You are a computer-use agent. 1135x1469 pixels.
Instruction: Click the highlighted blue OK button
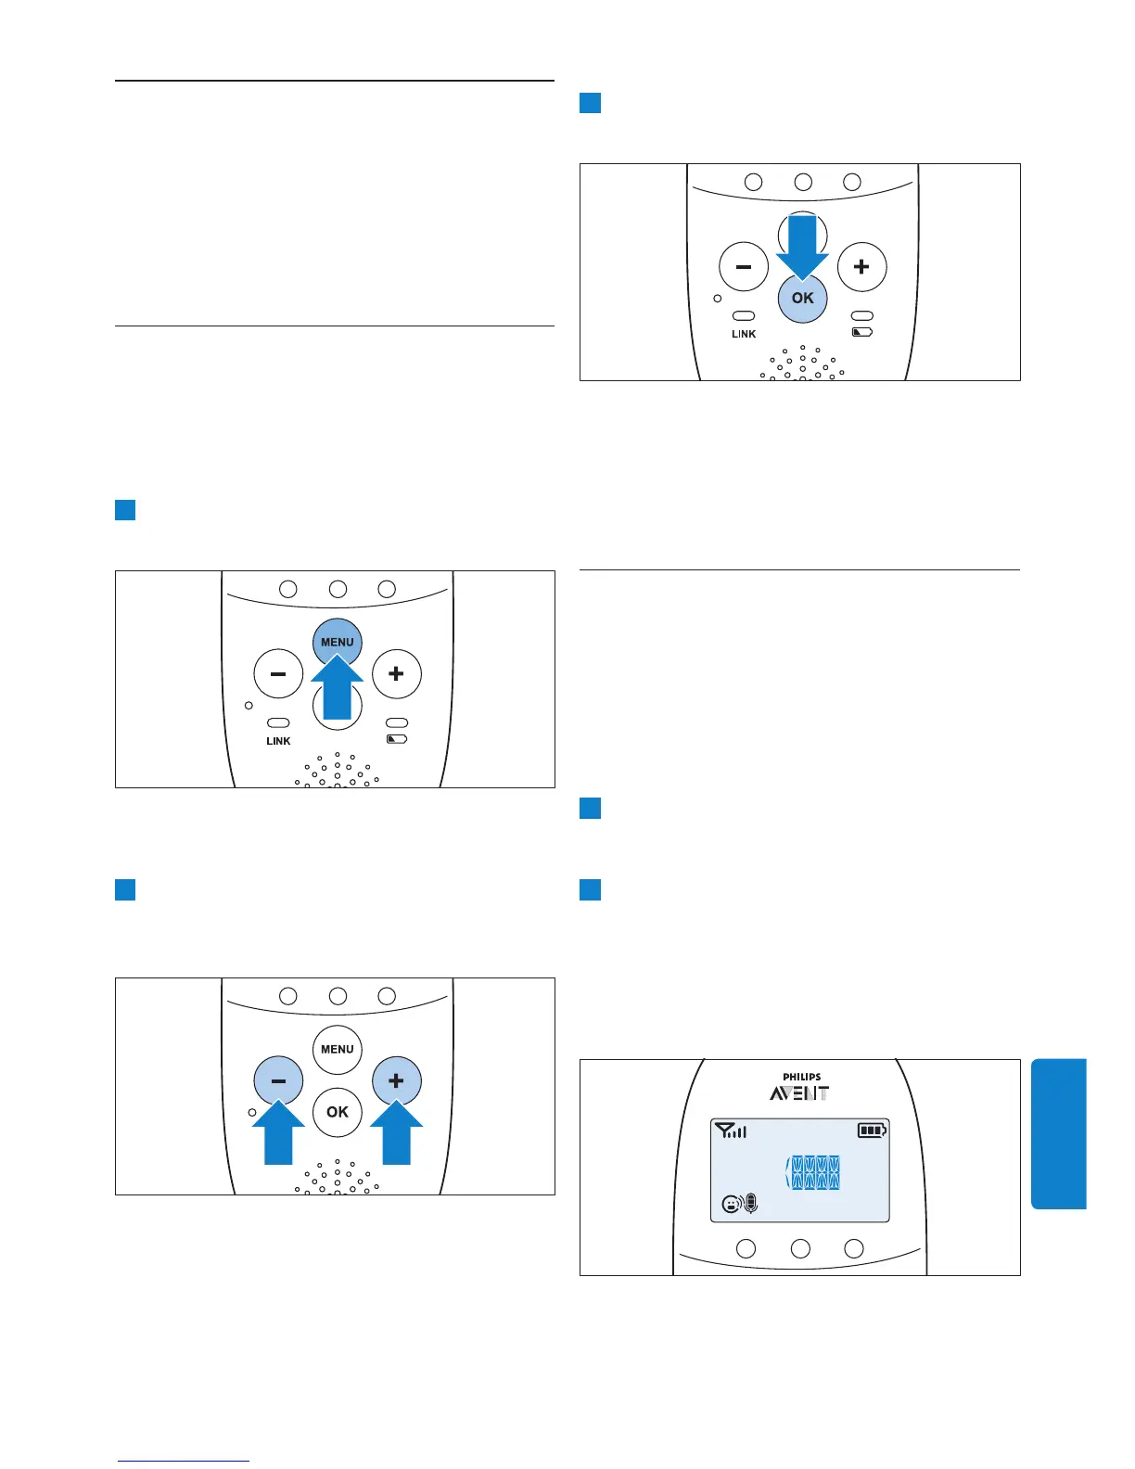[802, 299]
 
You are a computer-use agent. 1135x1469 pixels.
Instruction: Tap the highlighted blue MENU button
[337, 640]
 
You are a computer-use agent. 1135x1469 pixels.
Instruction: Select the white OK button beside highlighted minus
[338, 1111]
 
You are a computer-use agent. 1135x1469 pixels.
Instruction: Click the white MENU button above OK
[338, 1049]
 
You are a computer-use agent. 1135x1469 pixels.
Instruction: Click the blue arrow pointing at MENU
[338, 688]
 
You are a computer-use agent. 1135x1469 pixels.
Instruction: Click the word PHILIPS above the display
[801, 1078]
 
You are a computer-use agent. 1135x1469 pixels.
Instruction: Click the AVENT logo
[799, 1093]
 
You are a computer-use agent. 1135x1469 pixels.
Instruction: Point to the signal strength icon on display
[731, 1130]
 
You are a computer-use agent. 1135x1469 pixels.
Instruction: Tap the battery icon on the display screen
[872, 1130]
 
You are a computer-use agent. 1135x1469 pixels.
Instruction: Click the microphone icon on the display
[751, 1204]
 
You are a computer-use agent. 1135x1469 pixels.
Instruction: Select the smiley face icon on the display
[732, 1205]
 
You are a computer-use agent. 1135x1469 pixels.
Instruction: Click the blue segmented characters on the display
[813, 1173]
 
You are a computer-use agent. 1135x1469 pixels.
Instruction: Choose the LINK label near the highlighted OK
[744, 334]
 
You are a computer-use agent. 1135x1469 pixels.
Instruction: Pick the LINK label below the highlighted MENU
[278, 741]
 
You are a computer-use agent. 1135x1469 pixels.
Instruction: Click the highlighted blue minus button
[278, 1080]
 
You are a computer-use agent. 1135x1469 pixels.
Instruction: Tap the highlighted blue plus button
[396, 1080]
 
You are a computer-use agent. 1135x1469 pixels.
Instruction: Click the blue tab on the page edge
[1058, 1134]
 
